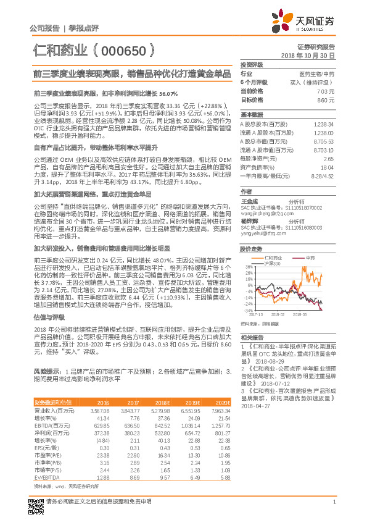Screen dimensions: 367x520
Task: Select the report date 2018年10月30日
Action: [x=308, y=56]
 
